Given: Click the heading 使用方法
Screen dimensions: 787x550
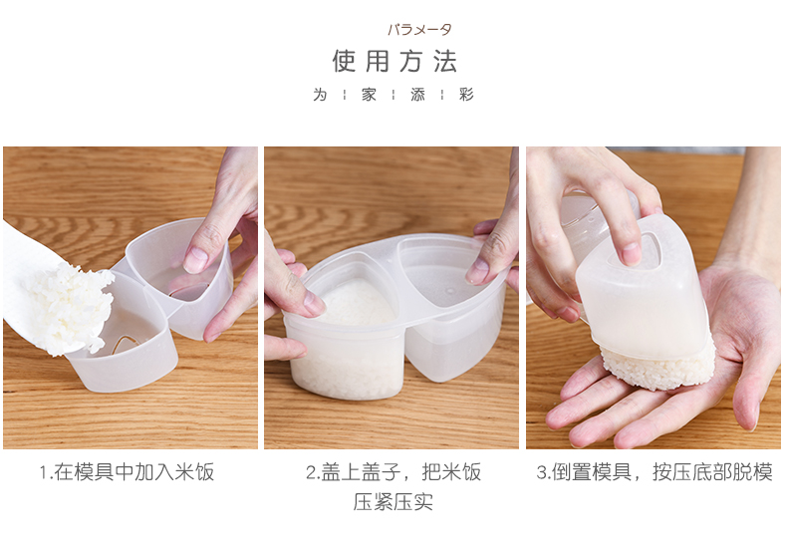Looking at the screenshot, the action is tap(394, 61).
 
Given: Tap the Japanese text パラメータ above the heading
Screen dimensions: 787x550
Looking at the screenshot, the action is tap(419, 30).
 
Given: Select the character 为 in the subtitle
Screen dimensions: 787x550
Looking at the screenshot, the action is tap(320, 95).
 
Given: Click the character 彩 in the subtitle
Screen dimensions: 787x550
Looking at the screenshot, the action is tap(466, 95).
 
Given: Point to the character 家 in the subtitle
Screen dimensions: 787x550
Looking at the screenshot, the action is tap(369, 95).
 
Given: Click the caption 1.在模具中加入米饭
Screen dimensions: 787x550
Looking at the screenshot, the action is tap(128, 472).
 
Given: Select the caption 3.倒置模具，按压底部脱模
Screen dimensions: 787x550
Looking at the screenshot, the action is tap(655, 472).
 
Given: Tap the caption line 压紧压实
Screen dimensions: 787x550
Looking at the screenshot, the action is tap(393, 502).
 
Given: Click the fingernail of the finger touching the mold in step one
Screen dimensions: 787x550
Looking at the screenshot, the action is tap(194, 259).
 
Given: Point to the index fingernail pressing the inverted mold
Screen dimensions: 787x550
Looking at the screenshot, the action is tap(632, 253).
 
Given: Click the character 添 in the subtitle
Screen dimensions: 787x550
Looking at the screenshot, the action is tap(417, 95).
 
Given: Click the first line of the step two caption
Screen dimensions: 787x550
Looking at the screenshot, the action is tap(393, 472).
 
